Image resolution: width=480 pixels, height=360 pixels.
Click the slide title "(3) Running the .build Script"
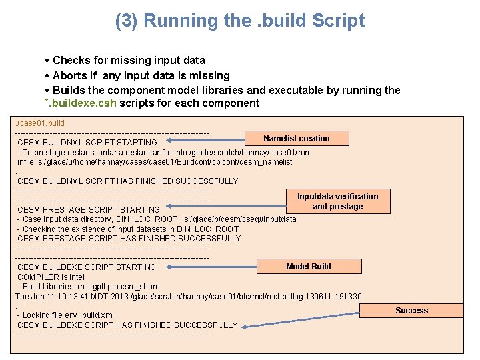[240, 21]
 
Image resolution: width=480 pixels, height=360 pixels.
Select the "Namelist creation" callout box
[296, 139]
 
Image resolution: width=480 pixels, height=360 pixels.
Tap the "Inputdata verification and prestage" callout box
[337, 201]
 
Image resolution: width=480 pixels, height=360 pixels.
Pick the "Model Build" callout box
[308, 267]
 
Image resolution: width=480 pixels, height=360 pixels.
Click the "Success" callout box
[411, 311]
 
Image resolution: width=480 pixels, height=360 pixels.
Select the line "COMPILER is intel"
[51, 277]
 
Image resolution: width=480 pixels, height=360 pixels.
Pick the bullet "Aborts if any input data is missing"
[141, 75]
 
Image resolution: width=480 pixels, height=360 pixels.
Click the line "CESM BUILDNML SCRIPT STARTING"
[87, 142]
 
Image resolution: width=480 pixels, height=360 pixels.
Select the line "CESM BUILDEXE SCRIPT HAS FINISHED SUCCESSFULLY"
[127, 325]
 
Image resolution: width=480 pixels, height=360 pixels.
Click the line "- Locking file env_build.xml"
[65, 315]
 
